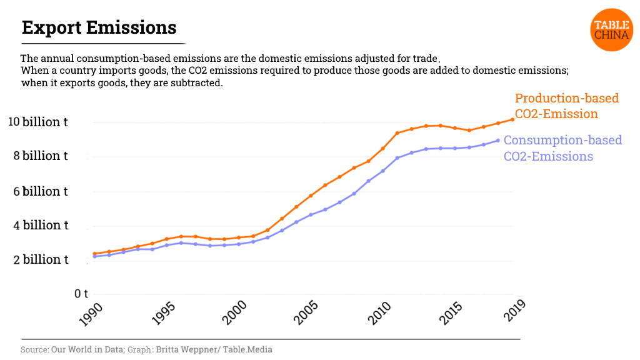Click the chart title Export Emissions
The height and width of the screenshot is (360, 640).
click(x=99, y=27)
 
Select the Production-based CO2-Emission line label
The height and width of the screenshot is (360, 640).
click(x=566, y=106)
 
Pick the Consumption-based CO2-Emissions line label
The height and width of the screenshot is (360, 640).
click(x=562, y=147)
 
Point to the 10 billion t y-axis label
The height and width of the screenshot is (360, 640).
click(x=37, y=122)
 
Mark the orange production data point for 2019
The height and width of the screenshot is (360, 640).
click(x=512, y=119)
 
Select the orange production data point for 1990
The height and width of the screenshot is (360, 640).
click(x=94, y=254)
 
